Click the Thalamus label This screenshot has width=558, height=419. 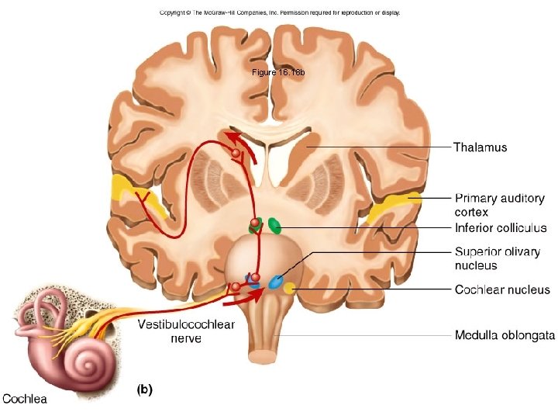point(480,147)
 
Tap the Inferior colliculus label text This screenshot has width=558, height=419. point(501,228)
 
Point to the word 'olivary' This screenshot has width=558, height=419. point(519,252)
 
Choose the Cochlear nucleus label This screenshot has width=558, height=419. point(502,290)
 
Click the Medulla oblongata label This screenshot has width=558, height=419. point(504,336)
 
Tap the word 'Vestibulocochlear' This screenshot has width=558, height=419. point(186,325)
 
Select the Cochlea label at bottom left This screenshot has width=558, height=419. point(24,399)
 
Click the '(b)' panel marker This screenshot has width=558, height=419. point(145,390)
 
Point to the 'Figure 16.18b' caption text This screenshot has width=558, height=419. point(279,72)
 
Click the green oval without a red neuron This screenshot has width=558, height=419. point(274,226)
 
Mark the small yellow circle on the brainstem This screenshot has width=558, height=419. point(288,289)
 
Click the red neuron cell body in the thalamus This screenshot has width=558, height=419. point(236,154)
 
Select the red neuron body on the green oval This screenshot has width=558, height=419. point(255,223)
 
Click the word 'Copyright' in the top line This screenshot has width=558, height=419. point(175,12)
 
